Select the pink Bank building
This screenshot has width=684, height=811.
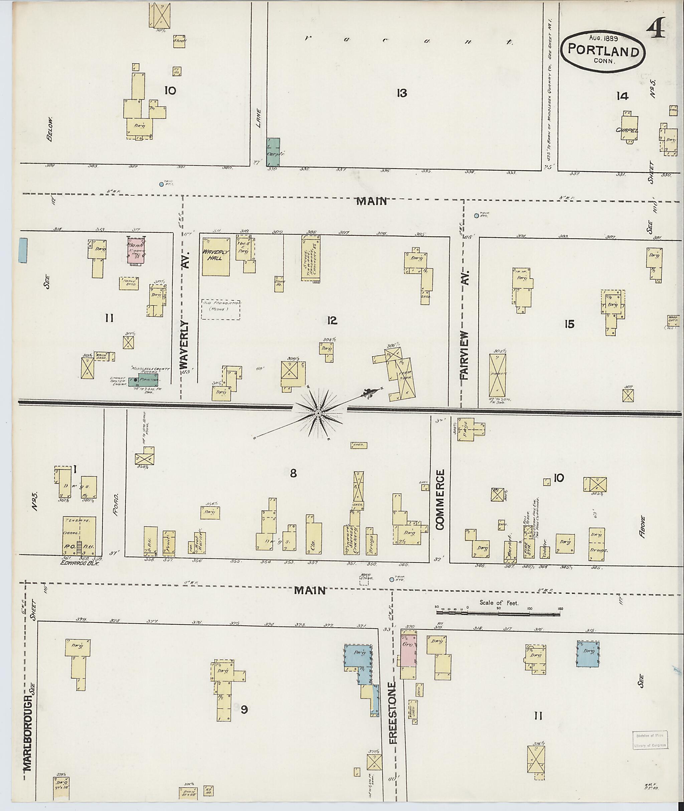pyautogui.click(x=136, y=251)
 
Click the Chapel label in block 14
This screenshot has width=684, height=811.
pyautogui.click(x=627, y=130)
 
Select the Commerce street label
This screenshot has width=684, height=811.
pyautogui.click(x=440, y=500)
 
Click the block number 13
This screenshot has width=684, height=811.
pyautogui.click(x=402, y=93)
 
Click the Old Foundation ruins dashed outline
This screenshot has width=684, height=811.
pyautogui.click(x=220, y=310)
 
